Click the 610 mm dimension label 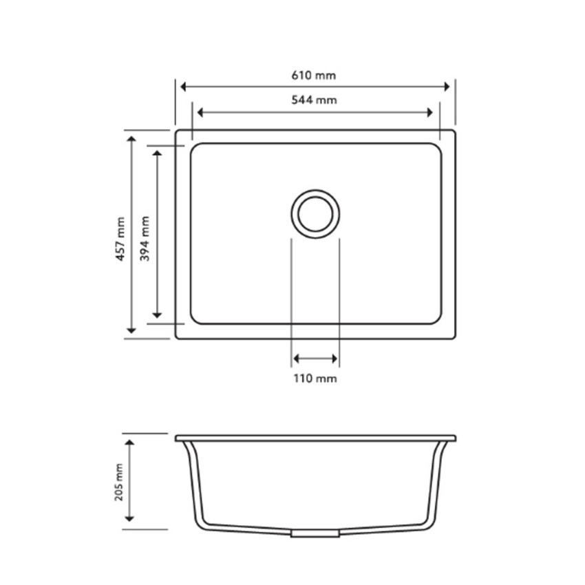pyautogui.click(x=315, y=74)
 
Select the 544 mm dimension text pyautogui.click(x=315, y=100)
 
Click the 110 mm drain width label pyautogui.click(x=315, y=379)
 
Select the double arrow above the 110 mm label pyautogui.click(x=315, y=359)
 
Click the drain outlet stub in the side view pyautogui.click(x=315, y=533)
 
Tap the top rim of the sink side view pyautogui.click(x=315, y=438)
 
